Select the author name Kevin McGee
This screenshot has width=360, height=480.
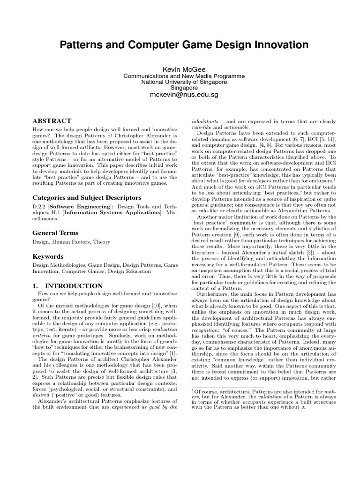tap(180, 69)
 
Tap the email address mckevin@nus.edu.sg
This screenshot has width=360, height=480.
tap(180, 95)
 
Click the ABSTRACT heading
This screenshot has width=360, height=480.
tap(52, 121)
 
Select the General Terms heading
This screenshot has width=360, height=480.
tap(55, 233)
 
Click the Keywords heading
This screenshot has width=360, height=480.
tap(48, 257)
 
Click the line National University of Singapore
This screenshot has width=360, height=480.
tap(180, 82)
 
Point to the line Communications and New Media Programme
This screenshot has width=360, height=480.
tap(180, 75)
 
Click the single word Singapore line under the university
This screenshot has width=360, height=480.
tap(180, 88)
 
